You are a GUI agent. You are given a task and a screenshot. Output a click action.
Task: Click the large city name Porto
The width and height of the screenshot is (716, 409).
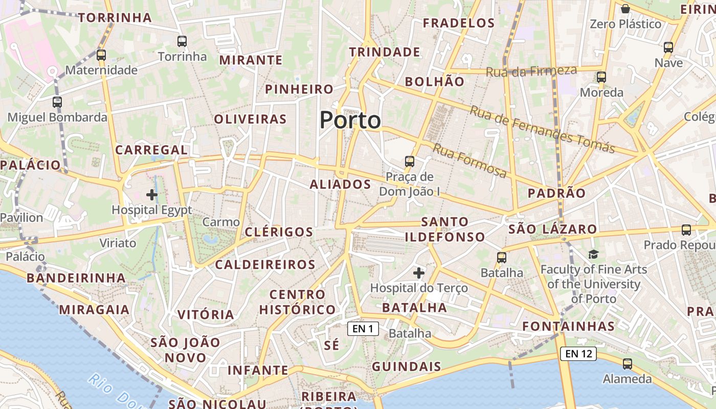[350, 120]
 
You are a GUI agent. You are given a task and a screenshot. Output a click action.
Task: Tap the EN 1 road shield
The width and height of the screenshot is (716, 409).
[363, 329]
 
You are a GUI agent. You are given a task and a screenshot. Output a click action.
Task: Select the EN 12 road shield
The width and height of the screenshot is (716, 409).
[578, 353]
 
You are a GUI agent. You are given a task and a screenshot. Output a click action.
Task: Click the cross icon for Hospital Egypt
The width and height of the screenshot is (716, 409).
[152, 195]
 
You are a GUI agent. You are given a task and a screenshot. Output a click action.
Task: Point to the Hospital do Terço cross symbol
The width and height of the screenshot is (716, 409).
[419, 273]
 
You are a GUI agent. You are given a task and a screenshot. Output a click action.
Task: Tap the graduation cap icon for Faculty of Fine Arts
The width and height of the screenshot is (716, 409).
[593, 254]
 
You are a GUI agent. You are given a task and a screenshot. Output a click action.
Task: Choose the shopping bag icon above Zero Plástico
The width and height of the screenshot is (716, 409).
[625, 9]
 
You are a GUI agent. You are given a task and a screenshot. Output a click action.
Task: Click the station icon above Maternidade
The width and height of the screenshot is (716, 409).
[101, 55]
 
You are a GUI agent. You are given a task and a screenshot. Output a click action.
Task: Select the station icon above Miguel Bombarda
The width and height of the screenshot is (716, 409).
[57, 102]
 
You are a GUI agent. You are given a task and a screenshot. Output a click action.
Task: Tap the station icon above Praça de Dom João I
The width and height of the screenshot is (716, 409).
[410, 162]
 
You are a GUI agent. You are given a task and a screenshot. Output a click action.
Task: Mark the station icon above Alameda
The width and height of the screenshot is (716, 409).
[628, 364]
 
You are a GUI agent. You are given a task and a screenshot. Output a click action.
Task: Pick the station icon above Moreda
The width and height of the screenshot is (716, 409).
[601, 78]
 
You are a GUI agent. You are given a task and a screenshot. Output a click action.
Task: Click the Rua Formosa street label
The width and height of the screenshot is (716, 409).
[470, 161]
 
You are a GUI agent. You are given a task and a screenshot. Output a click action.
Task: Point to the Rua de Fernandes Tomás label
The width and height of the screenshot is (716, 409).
[542, 129]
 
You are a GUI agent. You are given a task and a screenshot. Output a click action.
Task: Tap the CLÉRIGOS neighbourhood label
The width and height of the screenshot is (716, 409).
[279, 232]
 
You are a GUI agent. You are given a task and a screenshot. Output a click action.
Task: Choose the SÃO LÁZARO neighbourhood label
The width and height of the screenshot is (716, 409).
[553, 229]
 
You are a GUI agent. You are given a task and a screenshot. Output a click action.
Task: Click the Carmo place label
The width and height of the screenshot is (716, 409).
[221, 222]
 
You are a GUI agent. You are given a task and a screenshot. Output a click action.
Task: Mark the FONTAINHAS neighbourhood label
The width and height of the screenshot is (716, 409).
[568, 326]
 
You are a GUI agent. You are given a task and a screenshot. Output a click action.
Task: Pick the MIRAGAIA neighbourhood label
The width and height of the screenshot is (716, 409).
[95, 310]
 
